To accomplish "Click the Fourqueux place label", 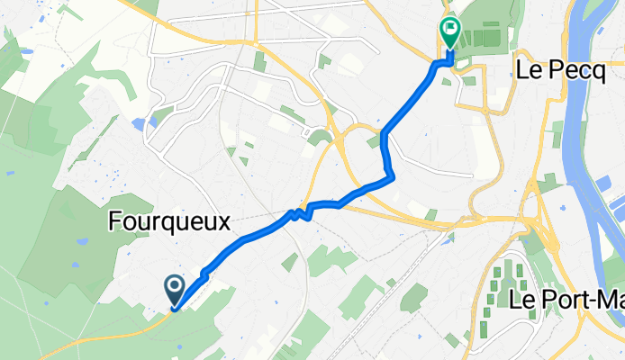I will click(x=169, y=220).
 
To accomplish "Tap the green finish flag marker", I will click(x=448, y=34).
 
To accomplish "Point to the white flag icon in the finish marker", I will click(x=448, y=30).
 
